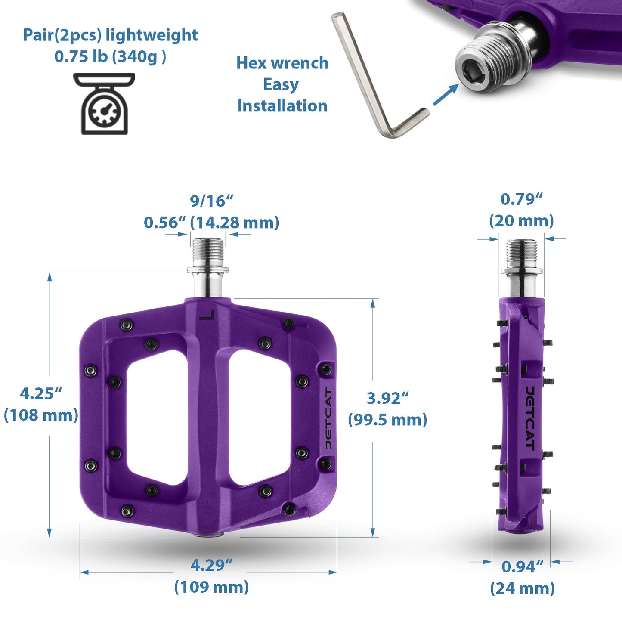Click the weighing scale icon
(x=104, y=104)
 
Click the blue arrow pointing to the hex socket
(x=445, y=95)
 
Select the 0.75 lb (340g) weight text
(x=110, y=56)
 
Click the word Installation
(x=282, y=106)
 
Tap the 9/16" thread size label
(x=211, y=201)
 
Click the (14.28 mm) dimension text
(x=235, y=223)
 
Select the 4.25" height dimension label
(x=41, y=393)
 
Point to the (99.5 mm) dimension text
(x=387, y=420)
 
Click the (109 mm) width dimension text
(x=211, y=587)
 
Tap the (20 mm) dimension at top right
(x=521, y=221)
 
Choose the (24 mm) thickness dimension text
(x=522, y=588)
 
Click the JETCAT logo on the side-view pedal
(x=530, y=418)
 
